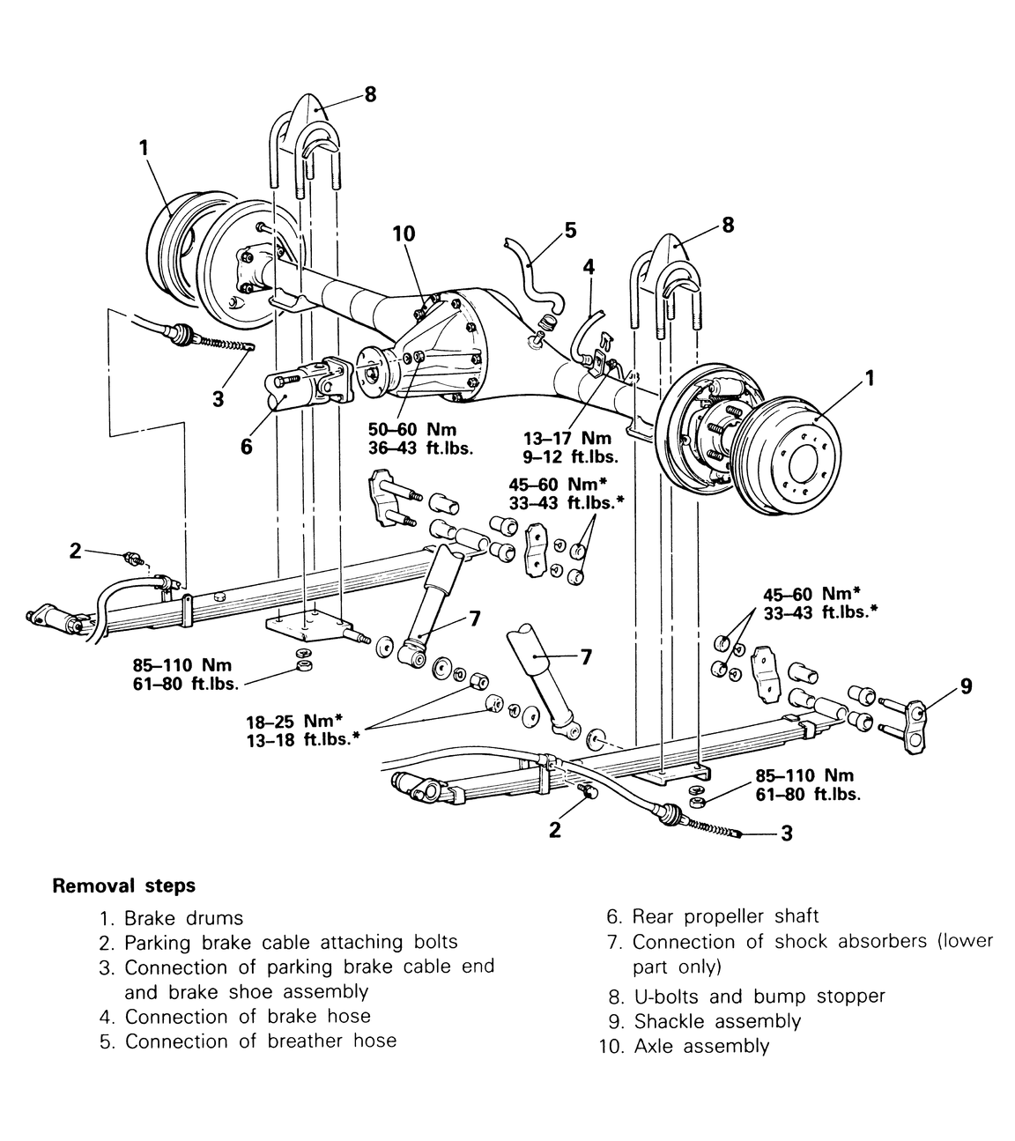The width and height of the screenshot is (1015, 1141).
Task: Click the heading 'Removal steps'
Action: click(x=124, y=885)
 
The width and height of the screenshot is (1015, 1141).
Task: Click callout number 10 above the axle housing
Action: click(x=404, y=233)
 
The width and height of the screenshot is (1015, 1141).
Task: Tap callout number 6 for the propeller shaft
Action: click(x=246, y=447)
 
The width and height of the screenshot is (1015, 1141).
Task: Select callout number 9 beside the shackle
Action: click(x=966, y=686)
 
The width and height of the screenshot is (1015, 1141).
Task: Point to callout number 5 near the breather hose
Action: click(x=571, y=230)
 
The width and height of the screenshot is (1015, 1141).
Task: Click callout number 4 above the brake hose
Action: click(x=589, y=267)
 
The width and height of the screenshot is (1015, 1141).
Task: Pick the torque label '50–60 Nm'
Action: click(x=412, y=430)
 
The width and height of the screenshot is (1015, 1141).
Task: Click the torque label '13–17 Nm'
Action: click(x=567, y=438)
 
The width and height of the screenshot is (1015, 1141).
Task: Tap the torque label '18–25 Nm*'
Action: click(x=294, y=721)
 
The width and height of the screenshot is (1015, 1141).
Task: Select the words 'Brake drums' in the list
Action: click(x=183, y=919)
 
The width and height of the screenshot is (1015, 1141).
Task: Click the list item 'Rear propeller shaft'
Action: click(x=725, y=916)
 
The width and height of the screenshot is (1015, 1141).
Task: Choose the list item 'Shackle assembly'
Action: click(x=717, y=1021)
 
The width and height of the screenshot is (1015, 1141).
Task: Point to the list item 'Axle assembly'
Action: click(x=702, y=1046)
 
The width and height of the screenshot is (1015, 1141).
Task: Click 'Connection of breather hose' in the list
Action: click(x=261, y=1041)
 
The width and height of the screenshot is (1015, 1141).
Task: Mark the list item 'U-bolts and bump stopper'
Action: click(x=759, y=997)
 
